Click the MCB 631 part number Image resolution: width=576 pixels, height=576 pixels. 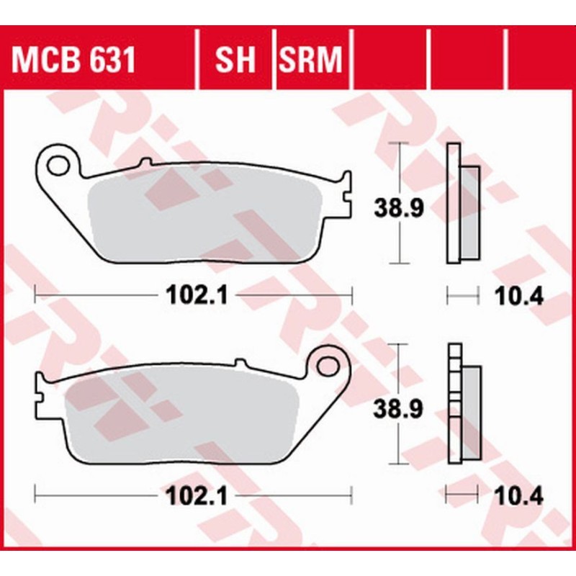pos(73,61)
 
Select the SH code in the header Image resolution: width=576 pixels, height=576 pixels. pos(235,61)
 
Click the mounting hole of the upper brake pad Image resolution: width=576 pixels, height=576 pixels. pos(55,166)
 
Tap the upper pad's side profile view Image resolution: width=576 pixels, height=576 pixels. pos(461,205)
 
